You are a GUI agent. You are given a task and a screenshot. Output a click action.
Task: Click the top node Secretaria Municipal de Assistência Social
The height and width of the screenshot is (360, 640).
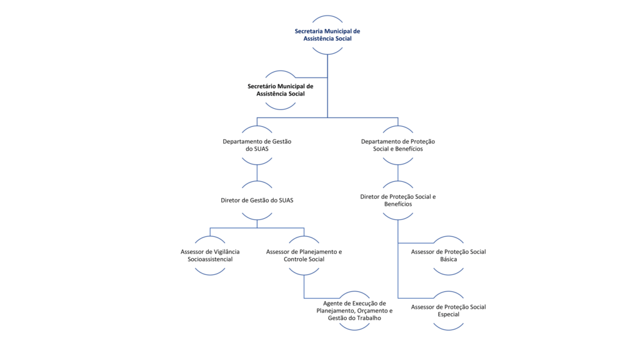(x=327, y=35)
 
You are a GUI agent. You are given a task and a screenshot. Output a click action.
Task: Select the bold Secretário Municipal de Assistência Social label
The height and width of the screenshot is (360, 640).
(x=281, y=90)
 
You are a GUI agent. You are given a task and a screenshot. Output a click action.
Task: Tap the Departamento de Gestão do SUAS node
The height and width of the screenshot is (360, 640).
(x=257, y=145)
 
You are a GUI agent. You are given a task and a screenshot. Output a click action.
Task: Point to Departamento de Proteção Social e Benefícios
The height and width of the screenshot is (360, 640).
(x=398, y=145)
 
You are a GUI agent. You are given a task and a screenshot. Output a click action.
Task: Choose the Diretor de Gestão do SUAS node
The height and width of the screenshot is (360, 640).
(x=257, y=201)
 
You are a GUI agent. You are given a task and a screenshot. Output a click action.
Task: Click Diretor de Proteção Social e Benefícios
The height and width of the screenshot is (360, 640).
(x=398, y=201)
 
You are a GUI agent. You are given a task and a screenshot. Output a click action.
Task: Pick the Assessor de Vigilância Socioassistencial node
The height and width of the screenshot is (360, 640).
(x=210, y=256)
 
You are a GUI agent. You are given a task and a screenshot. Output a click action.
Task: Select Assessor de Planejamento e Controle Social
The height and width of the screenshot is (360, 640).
(x=304, y=256)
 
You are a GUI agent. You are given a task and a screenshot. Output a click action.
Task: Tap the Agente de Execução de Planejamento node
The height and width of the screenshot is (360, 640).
(x=354, y=311)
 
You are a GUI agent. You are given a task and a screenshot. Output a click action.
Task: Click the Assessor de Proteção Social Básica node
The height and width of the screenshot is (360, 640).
(x=449, y=256)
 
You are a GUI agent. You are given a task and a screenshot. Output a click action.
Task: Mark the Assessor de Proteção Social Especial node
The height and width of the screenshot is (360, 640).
(x=449, y=311)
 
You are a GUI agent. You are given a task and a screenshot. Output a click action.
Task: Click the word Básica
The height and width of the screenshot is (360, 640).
(x=449, y=259)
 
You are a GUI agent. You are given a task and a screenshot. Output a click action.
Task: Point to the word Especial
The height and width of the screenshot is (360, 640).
(x=449, y=314)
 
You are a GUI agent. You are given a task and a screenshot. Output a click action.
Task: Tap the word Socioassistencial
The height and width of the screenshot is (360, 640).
(x=210, y=259)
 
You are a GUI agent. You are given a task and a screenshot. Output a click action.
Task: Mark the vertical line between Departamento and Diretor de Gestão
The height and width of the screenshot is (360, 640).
(x=257, y=173)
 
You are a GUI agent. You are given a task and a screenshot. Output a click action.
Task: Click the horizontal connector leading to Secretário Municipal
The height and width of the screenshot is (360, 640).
(x=311, y=77)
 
